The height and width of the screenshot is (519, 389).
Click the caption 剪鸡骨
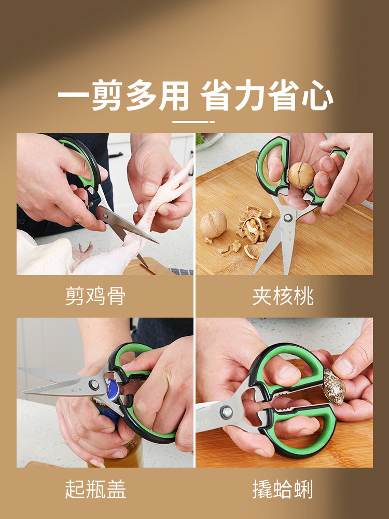(x=95, y=296)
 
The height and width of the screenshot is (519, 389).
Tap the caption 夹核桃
(x=283, y=296)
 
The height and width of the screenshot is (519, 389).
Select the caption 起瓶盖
(x=95, y=489)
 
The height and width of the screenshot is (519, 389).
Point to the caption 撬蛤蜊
(x=283, y=489)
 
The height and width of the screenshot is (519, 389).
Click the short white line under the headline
(x=193, y=122)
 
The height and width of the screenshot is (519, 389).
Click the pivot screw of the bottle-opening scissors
(x=94, y=385)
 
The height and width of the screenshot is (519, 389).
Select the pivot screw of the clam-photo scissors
(x=226, y=412)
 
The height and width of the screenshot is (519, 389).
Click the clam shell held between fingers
(x=335, y=387)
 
